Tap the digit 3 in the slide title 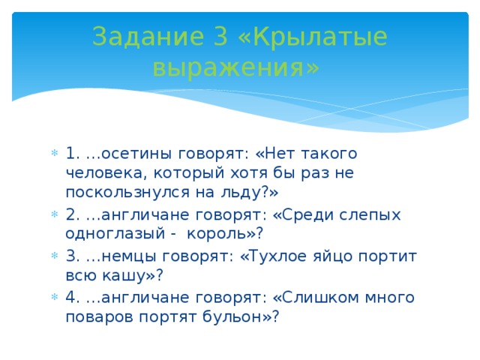pyautogui.click(x=220, y=36)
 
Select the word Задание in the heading pyautogui.click(x=148, y=37)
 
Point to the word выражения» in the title pyautogui.click(x=235, y=68)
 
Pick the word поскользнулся pyautogui.click(x=127, y=193)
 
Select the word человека pyautogui.click(x=104, y=173)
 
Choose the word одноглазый pyautogui.click(x=115, y=234)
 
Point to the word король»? pyautogui.click(x=225, y=234)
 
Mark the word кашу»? pyautogui.click(x=133, y=275)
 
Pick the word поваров pyautogui.click(x=99, y=317)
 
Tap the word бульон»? pyautogui.click(x=241, y=316)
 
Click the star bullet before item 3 pyautogui.click(x=55, y=255)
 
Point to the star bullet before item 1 pyautogui.click(x=55, y=153)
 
